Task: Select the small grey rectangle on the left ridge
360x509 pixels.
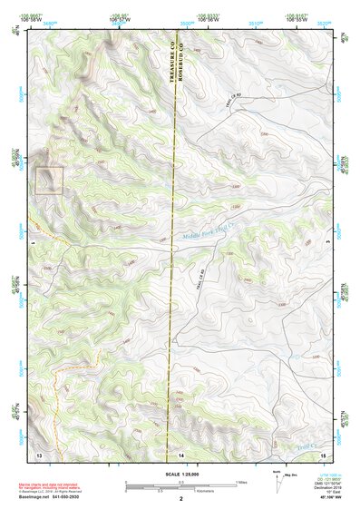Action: (x=49, y=179)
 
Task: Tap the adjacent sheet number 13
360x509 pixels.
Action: (x=39, y=453)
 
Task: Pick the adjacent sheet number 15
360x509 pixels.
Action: (x=322, y=453)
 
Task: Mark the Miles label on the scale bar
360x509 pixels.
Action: (x=240, y=481)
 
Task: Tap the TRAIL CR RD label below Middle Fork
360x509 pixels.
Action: (x=194, y=278)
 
